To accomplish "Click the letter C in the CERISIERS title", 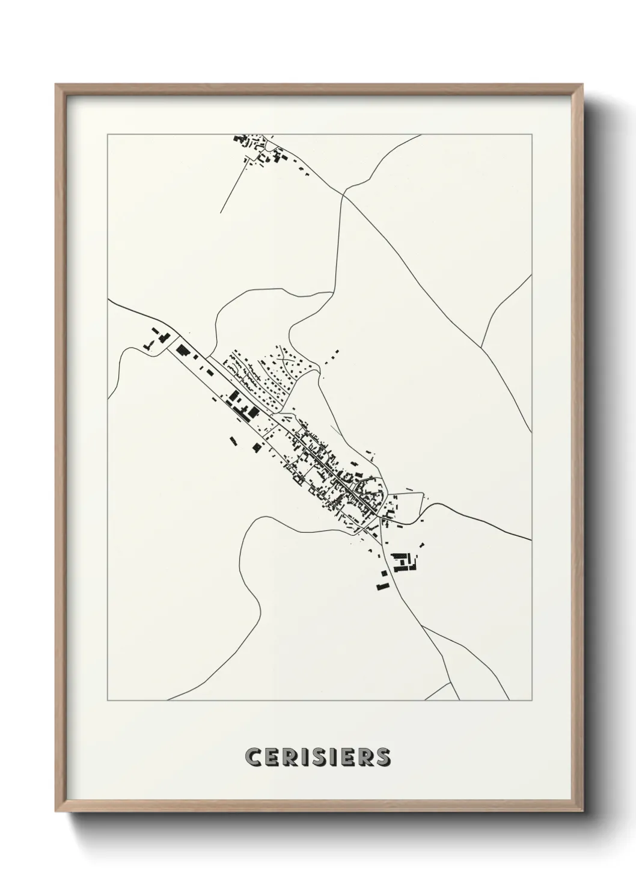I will point(254,757).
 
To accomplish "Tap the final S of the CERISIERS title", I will point(382,757).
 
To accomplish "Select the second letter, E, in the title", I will point(271,757).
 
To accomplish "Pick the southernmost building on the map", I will point(381,586).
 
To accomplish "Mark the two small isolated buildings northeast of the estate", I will point(332,356).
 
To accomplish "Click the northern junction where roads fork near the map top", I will point(344,194).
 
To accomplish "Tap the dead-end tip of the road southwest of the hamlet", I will point(221,213).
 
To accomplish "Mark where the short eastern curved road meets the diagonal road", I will point(481,348).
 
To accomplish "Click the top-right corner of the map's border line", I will point(531,134).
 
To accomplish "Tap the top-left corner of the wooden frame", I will point(56,84).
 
